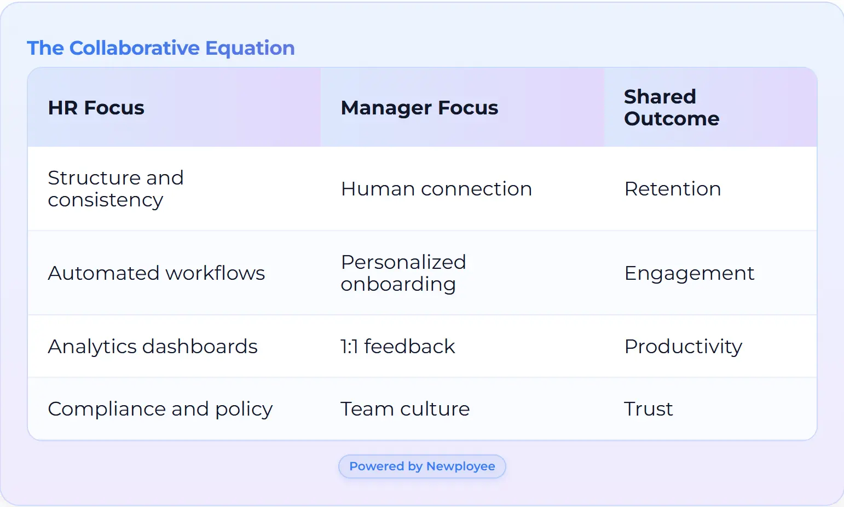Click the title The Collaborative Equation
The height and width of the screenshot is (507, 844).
coord(161,48)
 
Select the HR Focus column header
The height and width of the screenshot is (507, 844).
coord(96,108)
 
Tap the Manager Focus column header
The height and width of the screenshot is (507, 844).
coord(419,108)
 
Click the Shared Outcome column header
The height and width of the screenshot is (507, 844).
coord(671,108)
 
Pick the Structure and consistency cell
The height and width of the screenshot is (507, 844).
coord(115,189)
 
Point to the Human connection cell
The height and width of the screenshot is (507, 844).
coord(436,189)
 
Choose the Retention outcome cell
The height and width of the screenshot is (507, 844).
coord(673,189)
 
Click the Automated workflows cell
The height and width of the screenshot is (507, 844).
coord(157,273)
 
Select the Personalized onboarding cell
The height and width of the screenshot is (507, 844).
coord(403,273)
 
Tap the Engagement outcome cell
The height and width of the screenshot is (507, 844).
coord(689,273)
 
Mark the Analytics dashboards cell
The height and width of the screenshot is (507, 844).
coord(153,347)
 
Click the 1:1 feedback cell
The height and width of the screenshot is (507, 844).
coord(398,347)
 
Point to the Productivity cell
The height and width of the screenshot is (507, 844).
coord(683,347)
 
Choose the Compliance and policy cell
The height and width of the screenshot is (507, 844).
coord(160,409)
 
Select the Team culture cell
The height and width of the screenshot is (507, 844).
coord(405,409)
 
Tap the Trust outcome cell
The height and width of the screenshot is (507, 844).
coord(649,409)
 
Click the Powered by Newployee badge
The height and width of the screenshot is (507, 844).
coord(422,466)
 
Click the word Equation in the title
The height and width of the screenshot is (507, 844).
coord(250,48)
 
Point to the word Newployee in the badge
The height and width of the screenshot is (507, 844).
coord(460,466)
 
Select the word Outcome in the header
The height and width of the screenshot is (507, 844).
coord(672,119)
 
